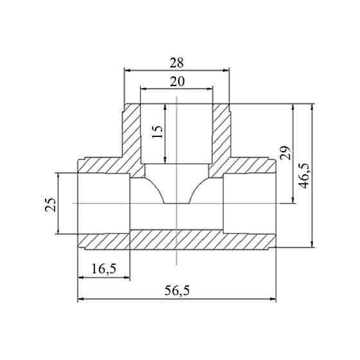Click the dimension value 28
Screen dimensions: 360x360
(x=177, y=63)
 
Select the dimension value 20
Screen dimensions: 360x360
(x=177, y=82)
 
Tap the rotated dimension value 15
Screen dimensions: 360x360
(x=157, y=132)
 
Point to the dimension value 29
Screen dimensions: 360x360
(x=285, y=153)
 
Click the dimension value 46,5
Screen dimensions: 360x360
(x=305, y=176)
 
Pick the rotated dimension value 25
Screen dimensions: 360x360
(x=50, y=204)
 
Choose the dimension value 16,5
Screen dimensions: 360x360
(x=104, y=269)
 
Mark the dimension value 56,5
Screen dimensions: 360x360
(x=177, y=291)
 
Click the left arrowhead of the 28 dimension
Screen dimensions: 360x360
(x=127, y=70)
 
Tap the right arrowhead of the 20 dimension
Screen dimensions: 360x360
(x=210, y=89)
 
